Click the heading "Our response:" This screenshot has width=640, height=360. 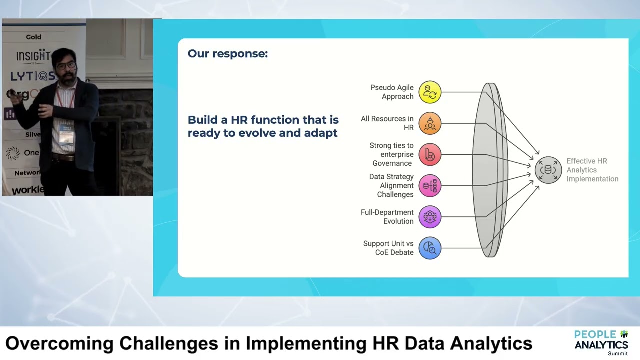[x=227, y=54]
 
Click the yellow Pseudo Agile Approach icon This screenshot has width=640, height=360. [x=429, y=92]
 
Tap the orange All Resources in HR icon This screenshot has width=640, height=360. [x=429, y=123]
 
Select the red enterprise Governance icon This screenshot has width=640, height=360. [x=429, y=155]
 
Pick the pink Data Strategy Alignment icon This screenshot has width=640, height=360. [x=429, y=186]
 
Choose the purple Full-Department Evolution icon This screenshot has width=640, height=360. [x=429, y=217]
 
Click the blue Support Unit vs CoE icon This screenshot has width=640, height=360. [x=429, y=248]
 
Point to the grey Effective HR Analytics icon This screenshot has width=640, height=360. [x=548, y=170]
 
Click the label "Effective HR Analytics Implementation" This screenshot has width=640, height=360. [x=592, y=170]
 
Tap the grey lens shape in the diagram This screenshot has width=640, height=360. [x=490, y=170]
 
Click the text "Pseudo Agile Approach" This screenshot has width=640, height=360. [x=392, y=92]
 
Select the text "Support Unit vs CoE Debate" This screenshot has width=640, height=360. [x=388, y=248]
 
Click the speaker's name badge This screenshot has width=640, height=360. [x=66, y=134]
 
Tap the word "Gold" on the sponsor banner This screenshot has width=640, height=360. [x=34, y=37]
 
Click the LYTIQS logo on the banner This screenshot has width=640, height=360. [x=32, y=76]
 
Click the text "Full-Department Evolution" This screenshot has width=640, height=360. [x=387, y=217]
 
